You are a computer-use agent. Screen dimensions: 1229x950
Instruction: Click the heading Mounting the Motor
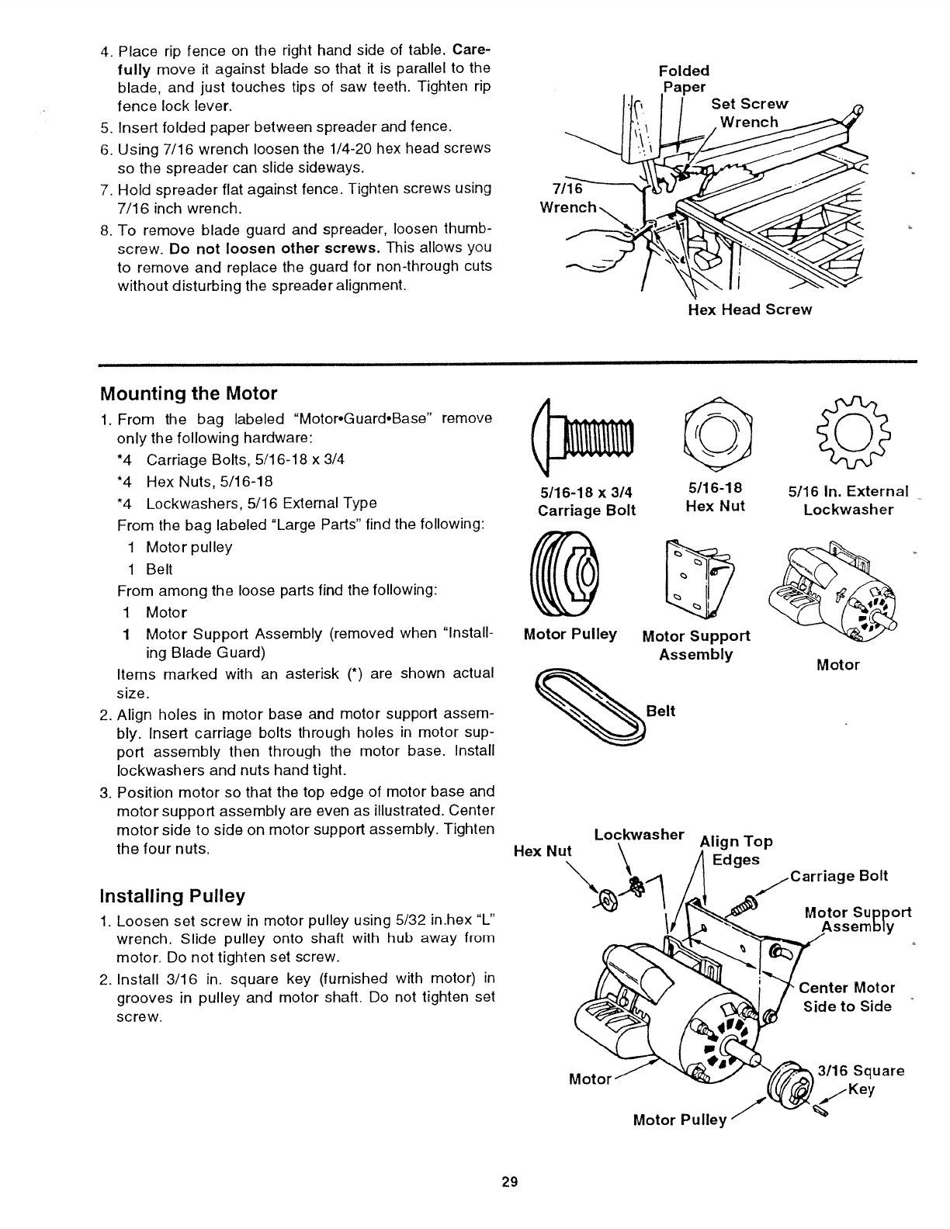tap(189, 393)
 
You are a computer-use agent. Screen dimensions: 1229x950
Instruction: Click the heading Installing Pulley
tap(172, 896)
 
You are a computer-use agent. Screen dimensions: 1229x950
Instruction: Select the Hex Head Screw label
tap(749, 310)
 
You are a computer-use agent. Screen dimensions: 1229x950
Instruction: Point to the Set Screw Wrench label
tap(749, 113)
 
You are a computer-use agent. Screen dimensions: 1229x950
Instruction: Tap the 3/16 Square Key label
tap(860, 1080)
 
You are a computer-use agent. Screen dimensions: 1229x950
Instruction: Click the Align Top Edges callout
tap(736, 850)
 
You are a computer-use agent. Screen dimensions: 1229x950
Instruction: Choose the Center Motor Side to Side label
tap(846, 997)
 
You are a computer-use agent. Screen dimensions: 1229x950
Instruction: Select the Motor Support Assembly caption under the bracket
tap(695, 645)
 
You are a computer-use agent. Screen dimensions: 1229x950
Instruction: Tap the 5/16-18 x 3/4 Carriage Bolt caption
tap(586, 500)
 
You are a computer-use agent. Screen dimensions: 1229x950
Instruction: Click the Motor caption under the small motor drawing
tap(837, 665)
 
